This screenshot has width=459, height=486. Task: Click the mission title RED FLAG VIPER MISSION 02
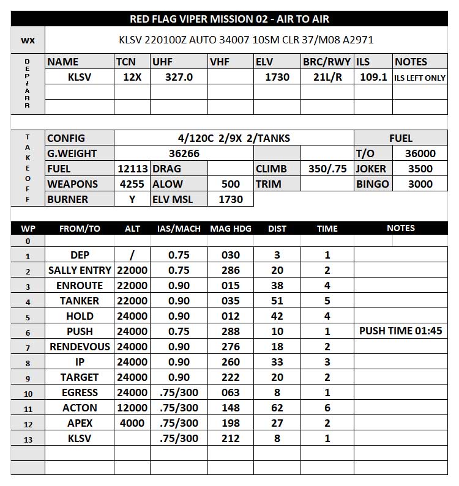click(229, 19)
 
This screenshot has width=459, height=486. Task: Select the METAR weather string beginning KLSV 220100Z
click(246, 40)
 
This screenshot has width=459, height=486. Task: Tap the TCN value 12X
click(132, 77)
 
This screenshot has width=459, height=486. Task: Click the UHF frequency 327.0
click(179, 77)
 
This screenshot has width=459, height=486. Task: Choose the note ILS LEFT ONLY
click(419, 78)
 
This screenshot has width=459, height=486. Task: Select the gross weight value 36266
click(184, 153)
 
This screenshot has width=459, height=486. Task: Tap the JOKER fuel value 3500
click(420, 169)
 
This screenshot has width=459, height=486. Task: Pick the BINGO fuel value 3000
click(420, 184)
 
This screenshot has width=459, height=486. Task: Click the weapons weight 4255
click(132, 184)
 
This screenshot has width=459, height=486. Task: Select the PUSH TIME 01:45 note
click(400, 331)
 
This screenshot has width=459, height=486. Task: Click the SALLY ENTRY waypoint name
click(80, 270)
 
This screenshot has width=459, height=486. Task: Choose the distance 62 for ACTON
click(277, 408)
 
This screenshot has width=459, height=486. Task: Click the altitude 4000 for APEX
click(132, 423)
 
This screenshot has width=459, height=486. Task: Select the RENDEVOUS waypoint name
click(80, 347)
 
